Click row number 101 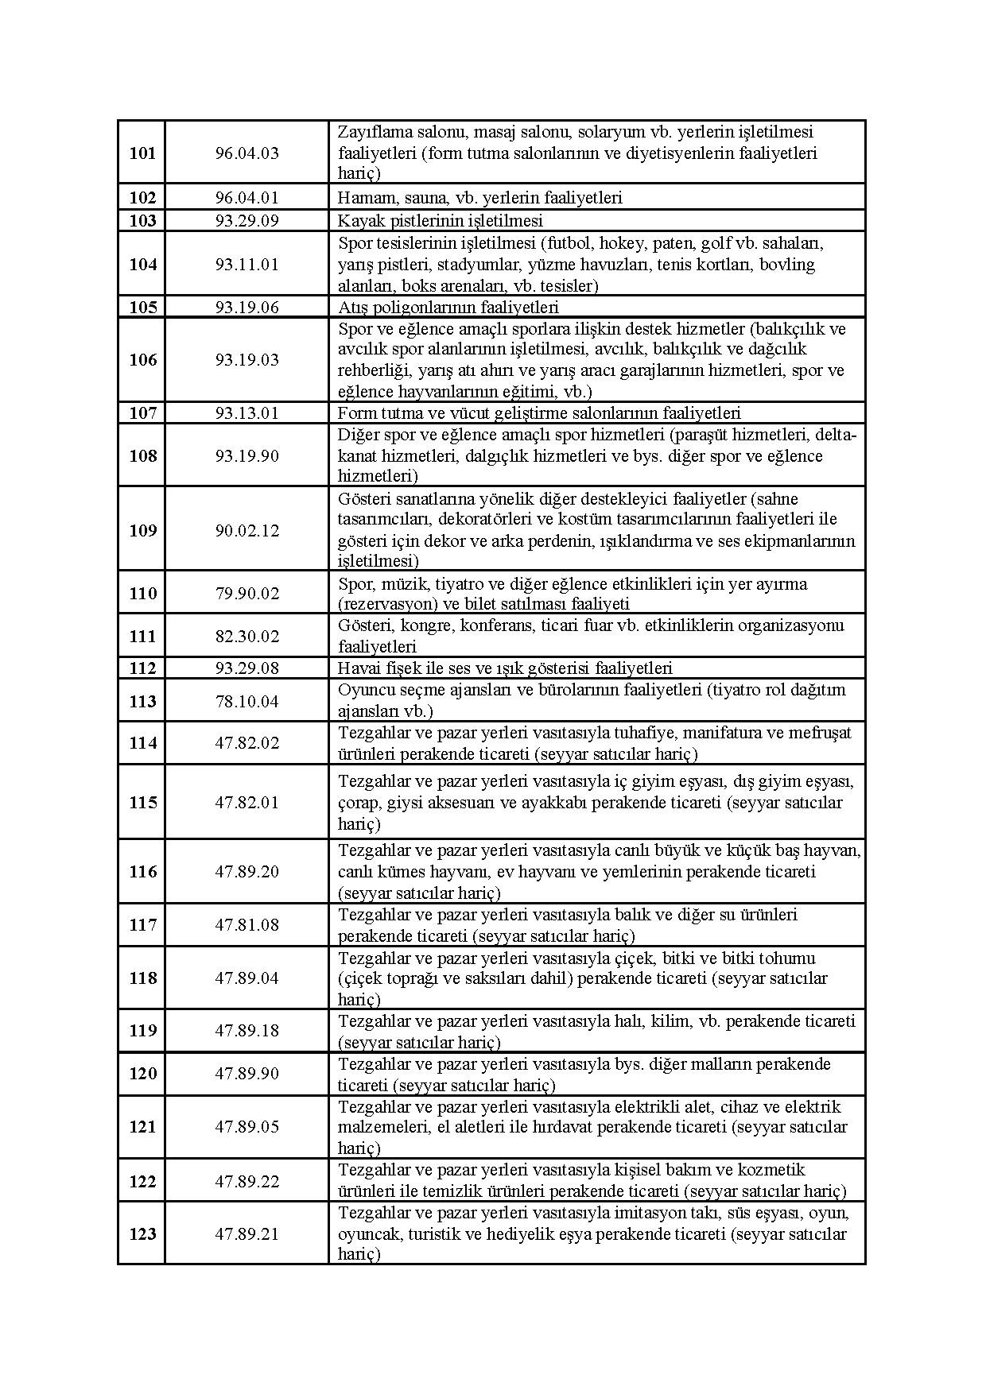142,153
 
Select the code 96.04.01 246,198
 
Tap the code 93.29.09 246,221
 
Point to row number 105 142,308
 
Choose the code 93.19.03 246,360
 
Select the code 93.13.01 246,413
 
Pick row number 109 142,530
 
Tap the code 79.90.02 246,594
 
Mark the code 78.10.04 246,701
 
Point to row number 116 142,872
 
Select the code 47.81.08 246,925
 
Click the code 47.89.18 246,1031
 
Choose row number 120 142,1074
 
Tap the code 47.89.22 246,1182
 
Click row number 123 142,1233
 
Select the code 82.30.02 246,637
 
